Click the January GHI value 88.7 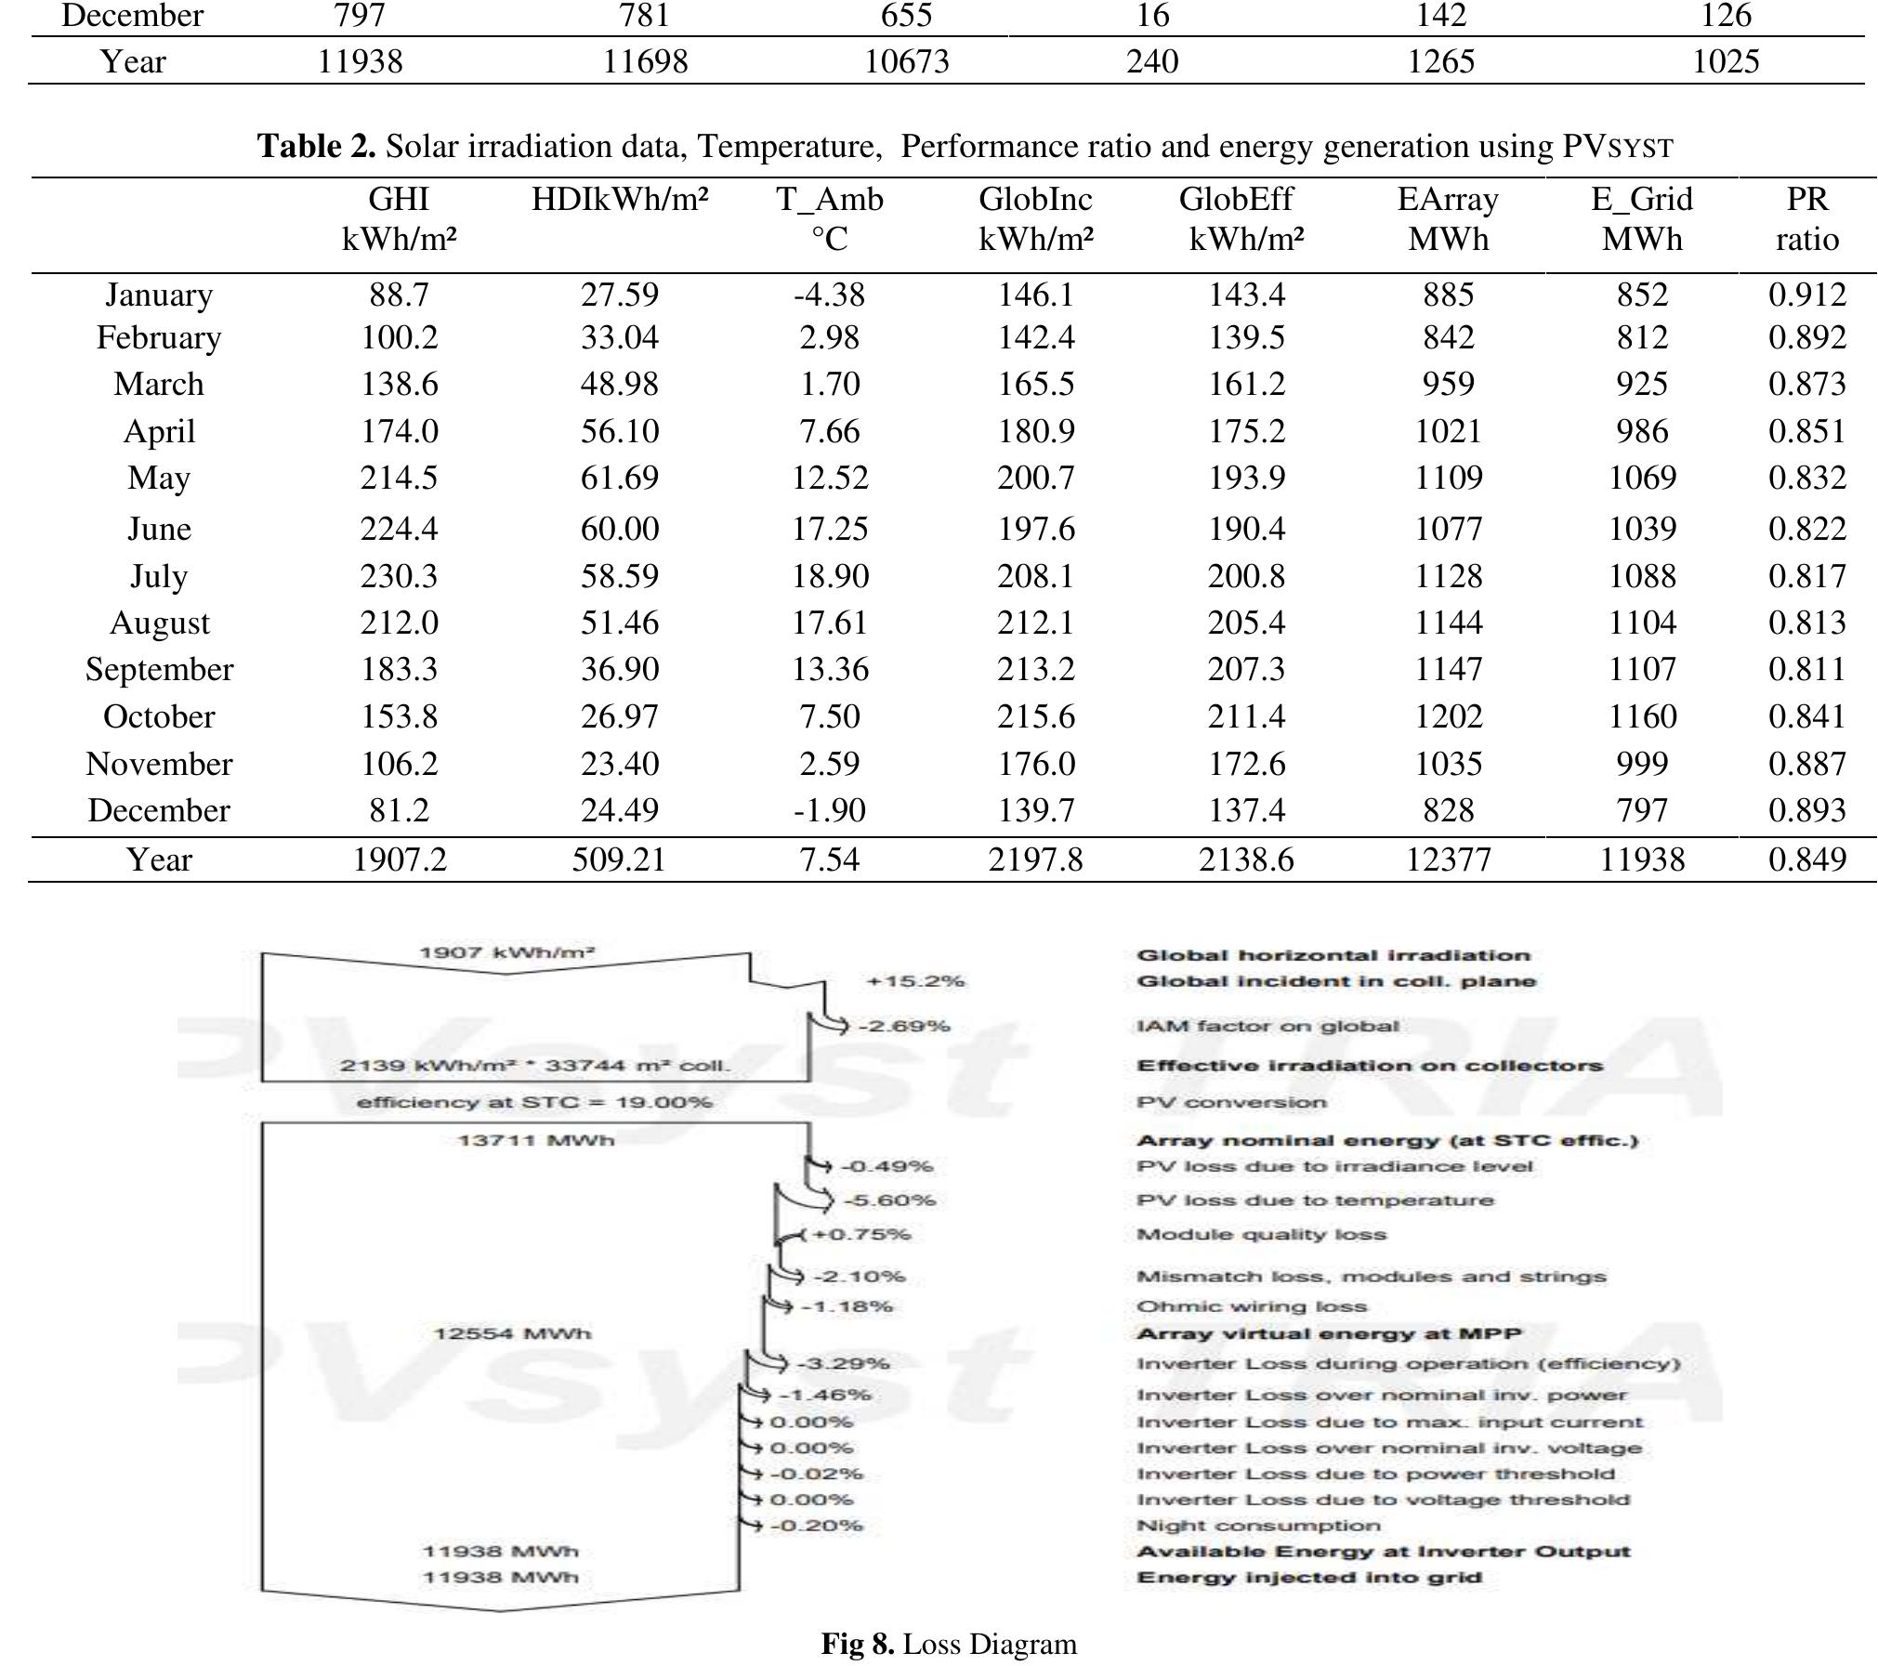(399, 295)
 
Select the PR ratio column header (1806, 219)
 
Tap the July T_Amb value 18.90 (830, 576)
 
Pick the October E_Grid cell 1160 (1642, 716)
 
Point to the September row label (159, 669)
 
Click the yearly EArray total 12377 (1448, 859)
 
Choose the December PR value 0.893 (1806, 810)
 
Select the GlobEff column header (1245, 219)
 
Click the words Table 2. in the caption (316, 146)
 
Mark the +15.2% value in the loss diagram (915, 981)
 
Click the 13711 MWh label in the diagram (536, 1140)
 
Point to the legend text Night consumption (1258, 1526)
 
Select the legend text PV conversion (1231, 1102)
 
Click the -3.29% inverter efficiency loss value (843, 1363)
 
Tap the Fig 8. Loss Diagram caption (949, 1644)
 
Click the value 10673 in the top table (906, 61)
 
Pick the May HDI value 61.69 (619, 478)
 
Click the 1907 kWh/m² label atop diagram (506, 952)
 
